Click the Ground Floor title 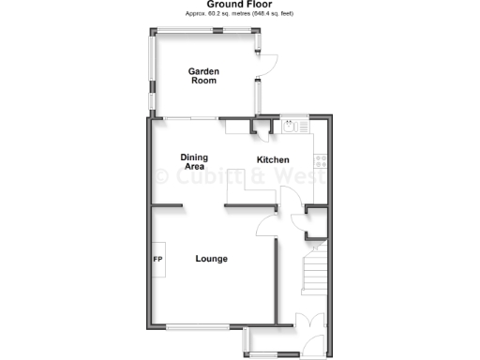point(239,5)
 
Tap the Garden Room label point(202,76)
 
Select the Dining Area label point(194,161)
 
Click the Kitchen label point(273,159)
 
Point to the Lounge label point(211,259)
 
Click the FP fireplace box point(157,260)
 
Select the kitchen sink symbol point(292,125)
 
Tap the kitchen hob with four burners point(319,160)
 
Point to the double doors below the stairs point(305,322)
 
